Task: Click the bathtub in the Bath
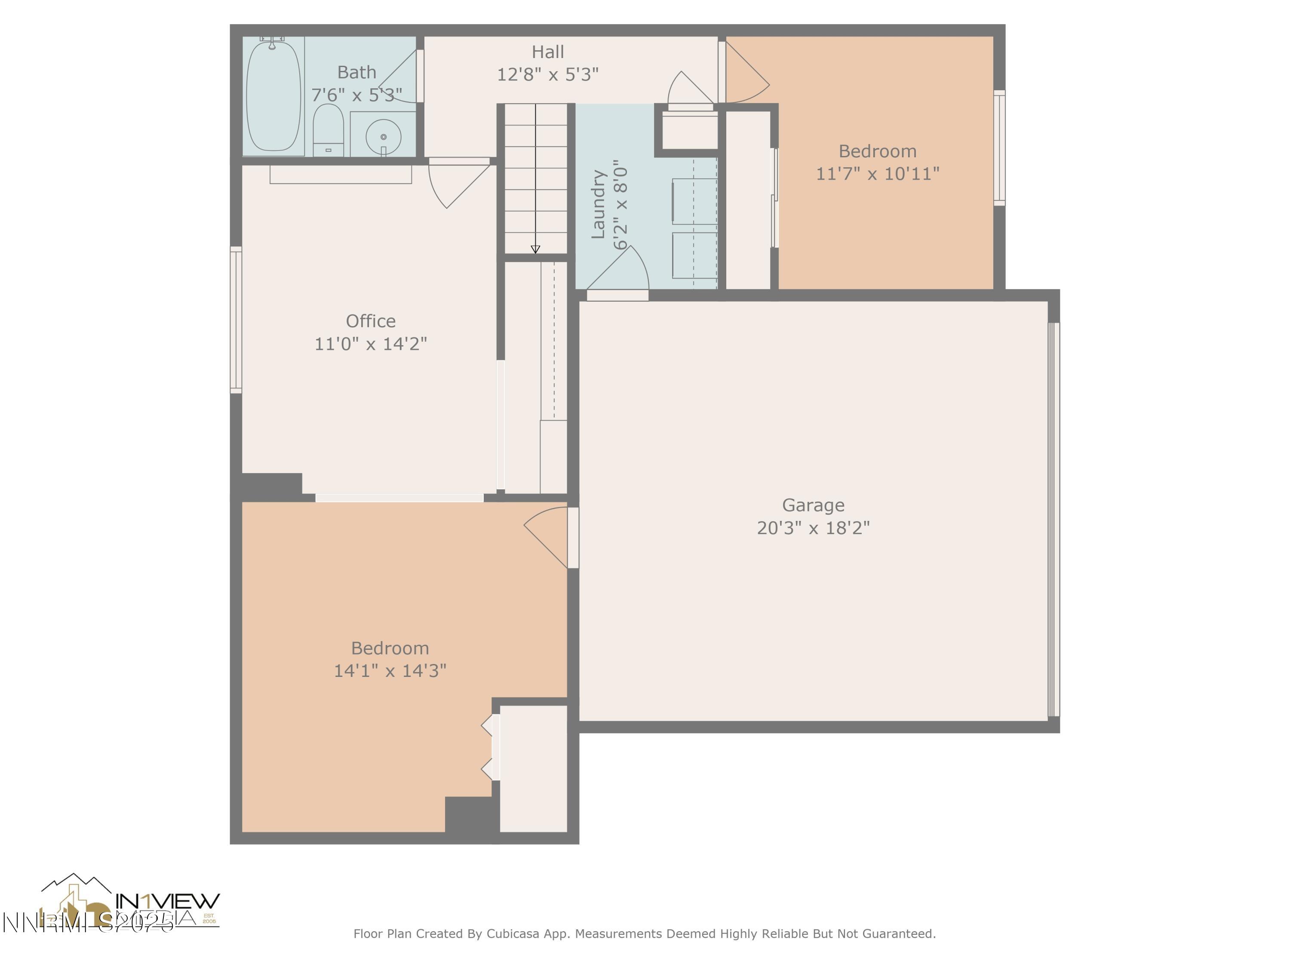click(x=273, y=96)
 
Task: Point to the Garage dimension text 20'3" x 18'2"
click(x=813, y=527)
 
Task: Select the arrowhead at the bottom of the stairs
click(x=535, y=249)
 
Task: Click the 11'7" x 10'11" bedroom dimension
click(x=877, y=174)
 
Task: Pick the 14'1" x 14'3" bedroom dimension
click(x=390, y=670)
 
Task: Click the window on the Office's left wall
click(x=236, y=319)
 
